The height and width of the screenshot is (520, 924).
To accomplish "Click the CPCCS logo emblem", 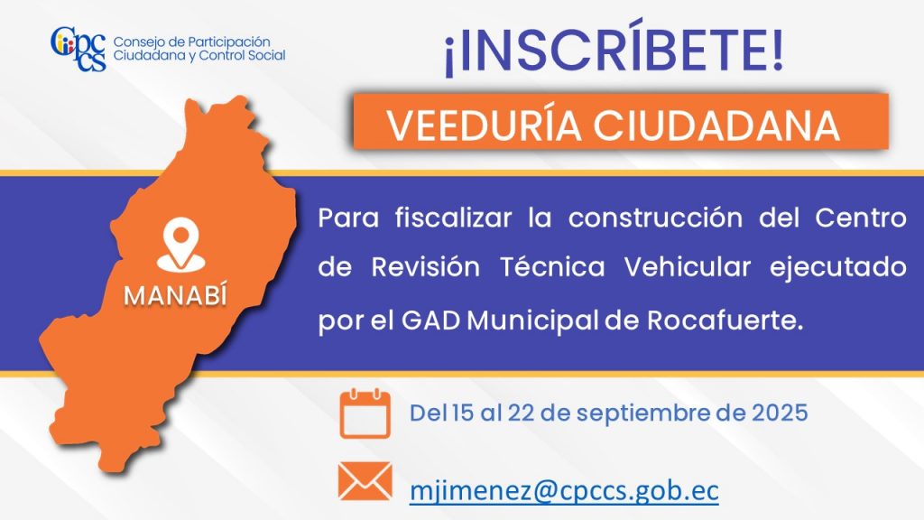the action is tap(79, 49).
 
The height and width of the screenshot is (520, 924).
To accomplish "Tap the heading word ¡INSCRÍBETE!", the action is tap(614, 50).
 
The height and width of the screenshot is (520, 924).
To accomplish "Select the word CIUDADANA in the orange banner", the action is tap(716, 125).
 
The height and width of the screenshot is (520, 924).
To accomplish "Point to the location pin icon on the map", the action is tap(180, 245).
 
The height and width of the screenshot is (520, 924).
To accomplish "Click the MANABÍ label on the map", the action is tap(175, 296).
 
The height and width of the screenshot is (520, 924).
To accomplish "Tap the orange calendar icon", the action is tap(365, 413).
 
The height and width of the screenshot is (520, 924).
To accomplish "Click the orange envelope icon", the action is tap(365, 481).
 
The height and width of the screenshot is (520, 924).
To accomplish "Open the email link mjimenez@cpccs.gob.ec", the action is tap(564, 490).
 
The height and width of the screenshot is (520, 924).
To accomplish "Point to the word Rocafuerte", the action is tap(725, 320).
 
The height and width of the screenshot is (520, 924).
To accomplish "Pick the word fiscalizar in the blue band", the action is tap(453, 218).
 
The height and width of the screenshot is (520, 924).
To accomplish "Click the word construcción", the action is tap(655, 218).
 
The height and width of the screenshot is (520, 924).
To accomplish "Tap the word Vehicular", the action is tap(687, 267).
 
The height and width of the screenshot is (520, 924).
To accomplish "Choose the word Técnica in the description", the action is tap(553, 267).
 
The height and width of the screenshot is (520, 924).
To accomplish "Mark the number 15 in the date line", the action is tap(463, 413).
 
